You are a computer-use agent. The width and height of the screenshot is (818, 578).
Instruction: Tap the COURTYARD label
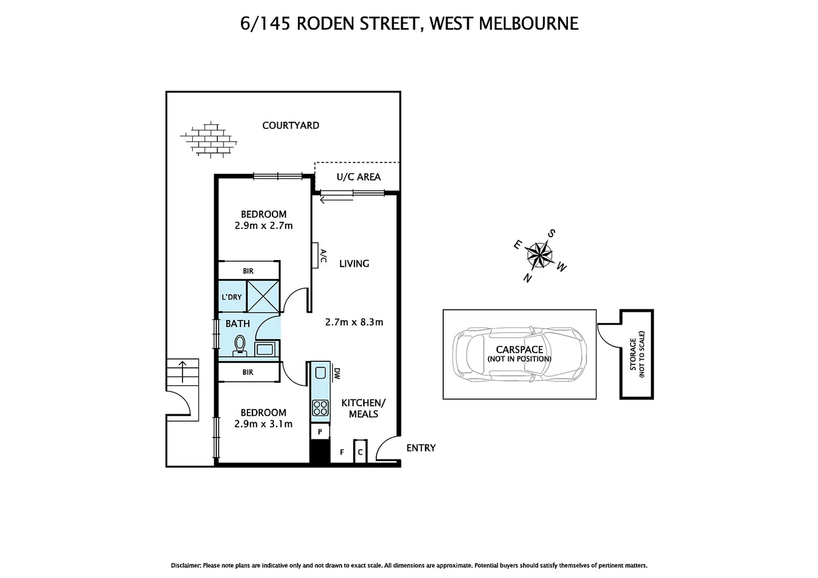(x=291, y=125)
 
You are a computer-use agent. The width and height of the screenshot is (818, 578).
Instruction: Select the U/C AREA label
(x=358, y=177)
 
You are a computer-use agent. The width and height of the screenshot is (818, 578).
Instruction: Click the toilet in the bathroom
(x=240, y=345)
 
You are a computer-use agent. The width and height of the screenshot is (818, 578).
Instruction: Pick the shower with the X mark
(x=263, y=295)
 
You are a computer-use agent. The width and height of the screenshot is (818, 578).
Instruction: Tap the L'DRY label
(x=232, y=297)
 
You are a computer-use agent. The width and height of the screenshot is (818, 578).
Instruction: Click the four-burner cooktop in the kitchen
(x=320, y=408)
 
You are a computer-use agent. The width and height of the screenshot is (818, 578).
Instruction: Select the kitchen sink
(x=321, y=372)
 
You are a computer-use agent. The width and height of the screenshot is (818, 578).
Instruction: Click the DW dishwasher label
(x=337, y=372)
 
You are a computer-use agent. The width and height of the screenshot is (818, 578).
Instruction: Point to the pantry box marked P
(x=320, y=431)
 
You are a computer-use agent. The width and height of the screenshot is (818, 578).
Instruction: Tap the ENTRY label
(x=421, y=448)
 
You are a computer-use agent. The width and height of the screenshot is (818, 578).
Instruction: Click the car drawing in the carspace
(x=519, y=354)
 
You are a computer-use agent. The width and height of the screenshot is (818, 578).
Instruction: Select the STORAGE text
(x=633, y=354)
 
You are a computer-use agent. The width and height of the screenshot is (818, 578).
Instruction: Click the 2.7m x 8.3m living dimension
(x=354, y=322)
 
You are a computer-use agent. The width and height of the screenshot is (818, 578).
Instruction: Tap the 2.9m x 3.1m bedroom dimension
(x=263, y=424)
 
